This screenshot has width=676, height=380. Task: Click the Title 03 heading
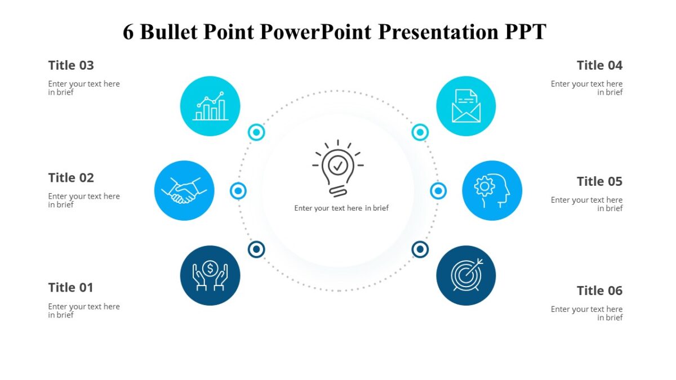[71, 65]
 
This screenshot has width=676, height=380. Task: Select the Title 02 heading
[71, 178]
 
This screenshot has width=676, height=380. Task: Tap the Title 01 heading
[70, 288]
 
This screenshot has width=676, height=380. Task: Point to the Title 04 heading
[599, 65]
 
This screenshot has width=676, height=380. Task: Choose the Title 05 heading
[599, 181]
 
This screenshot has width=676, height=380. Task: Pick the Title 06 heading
[599, 290]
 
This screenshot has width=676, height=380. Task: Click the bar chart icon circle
[210, 106]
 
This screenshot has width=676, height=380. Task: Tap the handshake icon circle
[184, 191]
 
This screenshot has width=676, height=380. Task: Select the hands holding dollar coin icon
[210, 275]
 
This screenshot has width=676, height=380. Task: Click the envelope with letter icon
[466, 106]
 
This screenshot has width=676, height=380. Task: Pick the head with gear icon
[492, 191]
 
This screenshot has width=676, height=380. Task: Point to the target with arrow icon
[466, 275]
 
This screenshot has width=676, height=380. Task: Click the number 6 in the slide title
[128, 32]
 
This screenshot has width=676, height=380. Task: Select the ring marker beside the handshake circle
[238, 191]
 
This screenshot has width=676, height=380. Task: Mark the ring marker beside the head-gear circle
[438, 191]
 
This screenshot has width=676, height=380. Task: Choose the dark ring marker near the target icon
[420, 249]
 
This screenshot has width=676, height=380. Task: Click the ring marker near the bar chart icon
[256, 132]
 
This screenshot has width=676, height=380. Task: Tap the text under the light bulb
[341, 208]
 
